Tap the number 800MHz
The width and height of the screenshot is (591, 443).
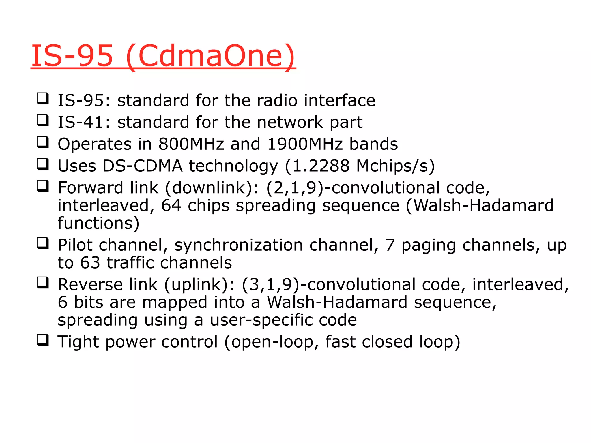(x=191, y=144)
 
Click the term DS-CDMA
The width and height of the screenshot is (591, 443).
(x=143, y=166)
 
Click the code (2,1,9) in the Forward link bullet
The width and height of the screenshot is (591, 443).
(x=295, y=188)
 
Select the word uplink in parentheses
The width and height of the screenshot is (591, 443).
(x=196, y=285)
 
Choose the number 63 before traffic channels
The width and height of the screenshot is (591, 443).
(x=90, y=263)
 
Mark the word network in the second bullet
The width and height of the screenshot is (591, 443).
(x=290, y=122)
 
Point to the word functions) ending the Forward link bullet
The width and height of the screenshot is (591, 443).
(x=98, y=223)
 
